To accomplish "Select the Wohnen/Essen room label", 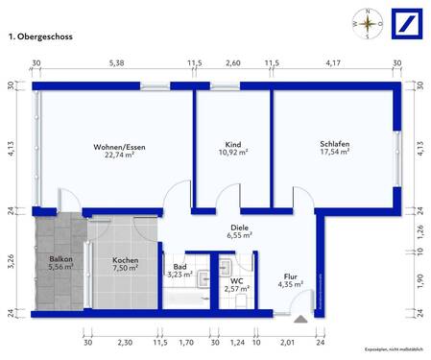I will [x=114, y=146].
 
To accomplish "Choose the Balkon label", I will [x=60, y=260].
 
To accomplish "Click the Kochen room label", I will [x=127, y=260].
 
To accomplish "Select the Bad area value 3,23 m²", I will [x=180, y=276].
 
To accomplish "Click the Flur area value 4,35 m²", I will [x=290, y=284].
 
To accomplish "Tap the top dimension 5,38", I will [x=117, y=63].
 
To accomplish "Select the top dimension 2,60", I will [x=232, y=63].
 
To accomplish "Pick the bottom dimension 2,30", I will [x=125, y=342].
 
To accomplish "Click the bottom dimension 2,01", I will [x=288, y=342].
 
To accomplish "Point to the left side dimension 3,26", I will [x=11, y=260].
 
